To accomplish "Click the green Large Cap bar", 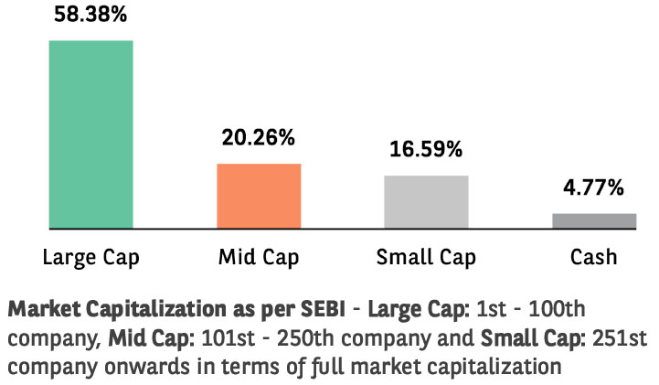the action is pos(91,134).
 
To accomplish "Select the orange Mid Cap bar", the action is pos(259,197).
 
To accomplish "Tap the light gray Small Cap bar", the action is pos(426,202).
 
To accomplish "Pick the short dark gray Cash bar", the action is pos(594,221).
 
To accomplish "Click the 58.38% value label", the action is pos(90,15).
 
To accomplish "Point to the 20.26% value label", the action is pos(259,137).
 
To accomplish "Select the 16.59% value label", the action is pos(426,149).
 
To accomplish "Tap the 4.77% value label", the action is pos(593,187).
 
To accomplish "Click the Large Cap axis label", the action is pos(90,257).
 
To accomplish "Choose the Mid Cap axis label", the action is pos(259,257).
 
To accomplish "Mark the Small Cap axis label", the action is pos(426,257).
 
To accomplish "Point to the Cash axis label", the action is pos(593,257).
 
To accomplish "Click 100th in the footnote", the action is pos(557,309).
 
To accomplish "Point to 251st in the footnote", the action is pos(620,337).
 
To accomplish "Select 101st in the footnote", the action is pos(229,337).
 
